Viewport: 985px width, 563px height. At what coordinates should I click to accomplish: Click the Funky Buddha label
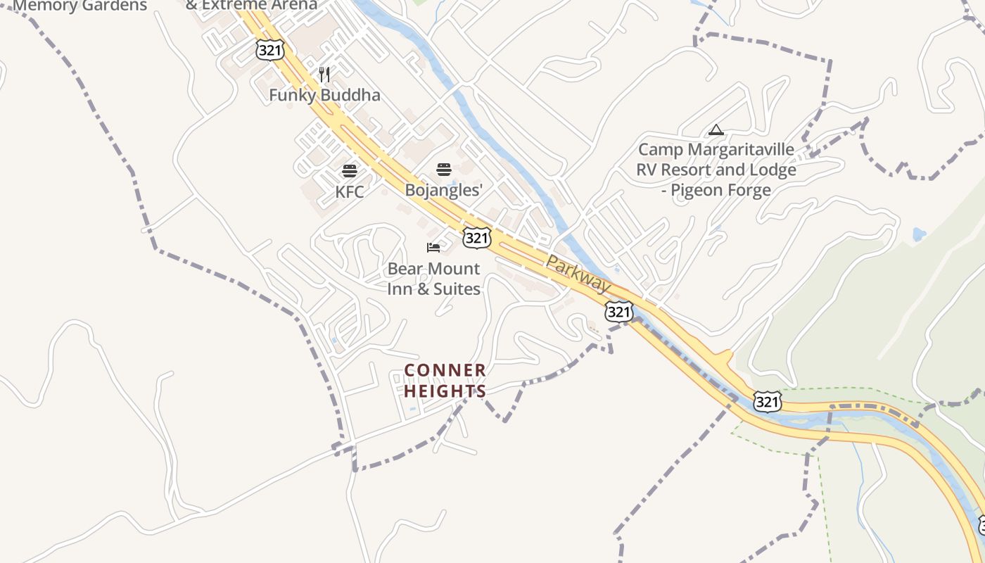(324, 95)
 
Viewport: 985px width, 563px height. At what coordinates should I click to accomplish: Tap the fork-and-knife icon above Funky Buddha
(324, 74)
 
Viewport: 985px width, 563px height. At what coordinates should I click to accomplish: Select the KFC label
(350, 191)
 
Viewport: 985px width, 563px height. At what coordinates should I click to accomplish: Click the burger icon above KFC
(350, 170)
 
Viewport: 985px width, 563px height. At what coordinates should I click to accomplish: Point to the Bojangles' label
(443, 190)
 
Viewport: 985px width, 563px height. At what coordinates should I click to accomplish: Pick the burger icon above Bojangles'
(443, 169)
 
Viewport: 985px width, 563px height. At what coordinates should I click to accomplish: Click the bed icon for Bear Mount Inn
(433, 247)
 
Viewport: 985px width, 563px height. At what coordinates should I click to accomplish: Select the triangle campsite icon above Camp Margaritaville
(716, 129)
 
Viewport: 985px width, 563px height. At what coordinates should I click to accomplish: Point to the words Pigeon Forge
(720, 190)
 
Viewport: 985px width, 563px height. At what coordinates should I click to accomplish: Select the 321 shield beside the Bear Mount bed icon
(476, 238)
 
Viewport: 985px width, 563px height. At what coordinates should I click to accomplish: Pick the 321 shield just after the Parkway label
(618, 311)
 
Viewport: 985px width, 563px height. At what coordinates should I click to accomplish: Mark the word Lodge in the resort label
(773, 170)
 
